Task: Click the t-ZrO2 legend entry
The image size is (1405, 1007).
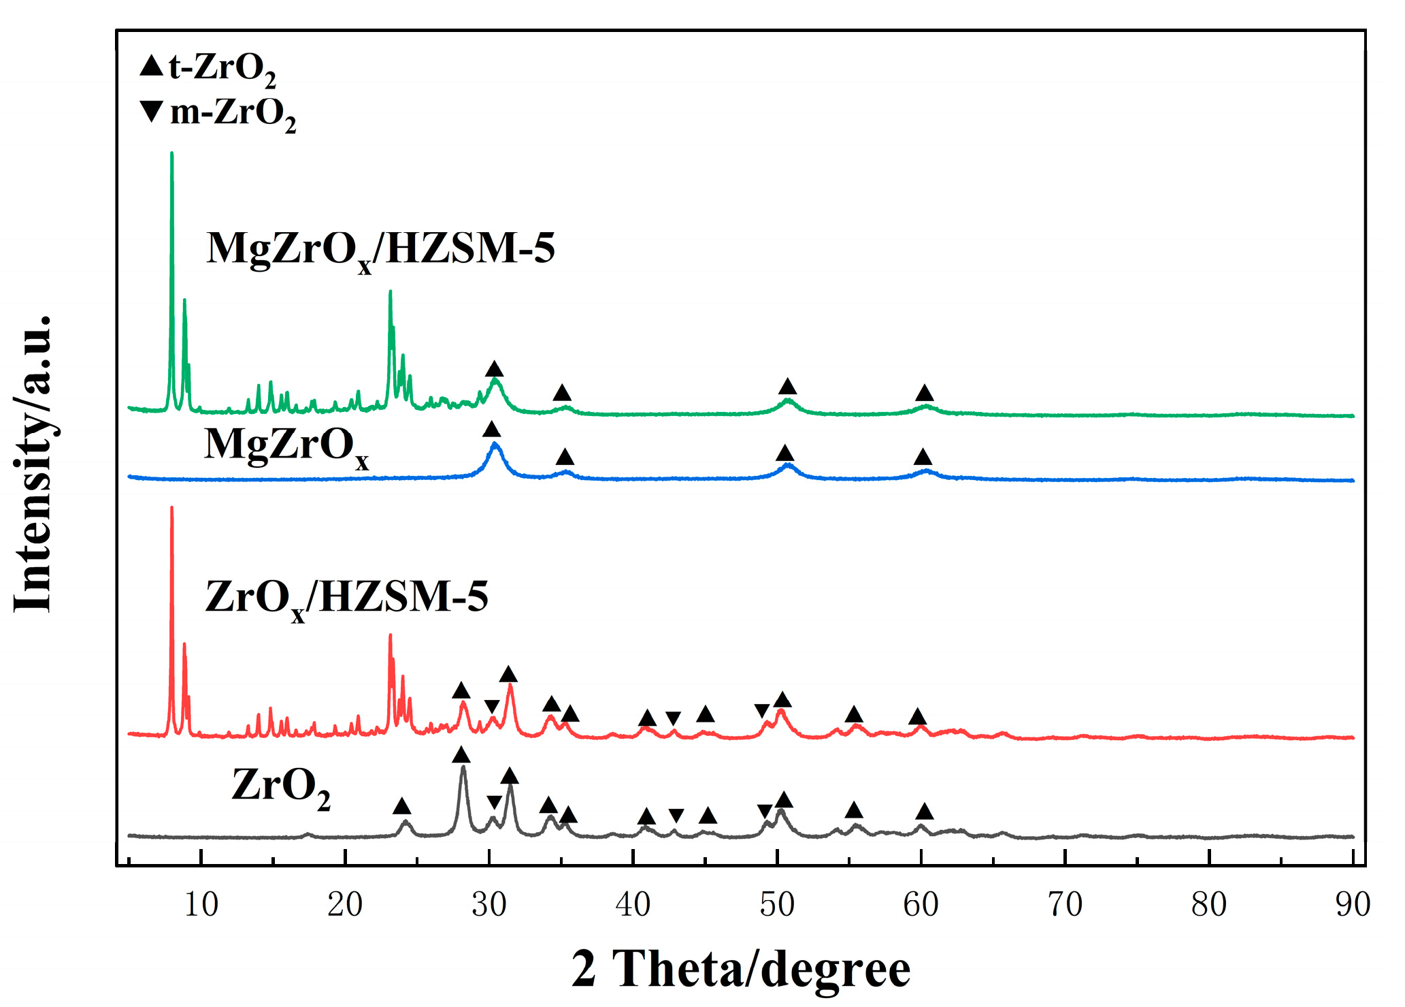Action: pos(208,69)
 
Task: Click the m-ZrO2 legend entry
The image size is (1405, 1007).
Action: pos(218,113)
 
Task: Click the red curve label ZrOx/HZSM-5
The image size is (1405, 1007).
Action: pos(346,598)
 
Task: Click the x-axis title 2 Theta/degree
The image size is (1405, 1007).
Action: pos(740,969)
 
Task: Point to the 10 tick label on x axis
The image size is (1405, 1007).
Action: pos(201,905)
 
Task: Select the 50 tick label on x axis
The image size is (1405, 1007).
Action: pos(777,905)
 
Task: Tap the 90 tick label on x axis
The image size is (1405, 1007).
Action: pos(1353,905)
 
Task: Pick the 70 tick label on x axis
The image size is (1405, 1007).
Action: pos(1065,905)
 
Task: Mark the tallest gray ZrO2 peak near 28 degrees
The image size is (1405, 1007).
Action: pos(463,768)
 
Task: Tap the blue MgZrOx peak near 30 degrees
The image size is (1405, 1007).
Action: pos(495,445)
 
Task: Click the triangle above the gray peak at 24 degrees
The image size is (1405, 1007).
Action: pos(402,807)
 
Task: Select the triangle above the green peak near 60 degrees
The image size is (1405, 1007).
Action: pos(924,393)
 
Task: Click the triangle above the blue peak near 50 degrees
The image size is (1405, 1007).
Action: pos(785,453)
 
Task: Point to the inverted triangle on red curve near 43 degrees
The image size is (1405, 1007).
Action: pos(673,718)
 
